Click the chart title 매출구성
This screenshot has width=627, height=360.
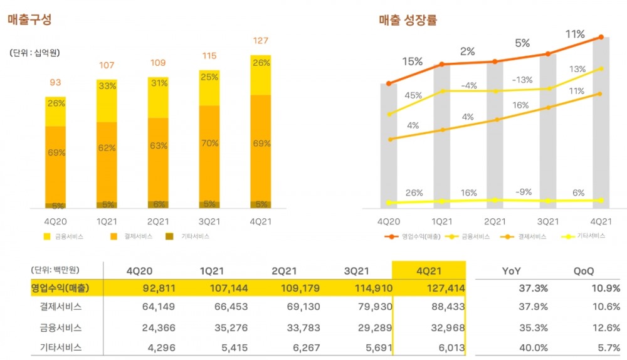[x=29, y=20]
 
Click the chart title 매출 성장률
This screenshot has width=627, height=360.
[x=408, y=20]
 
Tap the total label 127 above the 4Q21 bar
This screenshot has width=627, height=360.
[x=261, y=41]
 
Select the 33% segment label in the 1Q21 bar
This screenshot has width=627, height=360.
[x=107, y=87]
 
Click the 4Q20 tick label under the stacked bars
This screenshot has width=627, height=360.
[x=55, y=221]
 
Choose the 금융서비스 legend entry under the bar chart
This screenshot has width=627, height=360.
[x=63, y=236]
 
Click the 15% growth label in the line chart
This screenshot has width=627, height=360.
[x=412, y=61]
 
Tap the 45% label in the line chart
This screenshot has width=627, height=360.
[x=413, y=95]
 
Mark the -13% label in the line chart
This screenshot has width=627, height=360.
[x=522, y=80]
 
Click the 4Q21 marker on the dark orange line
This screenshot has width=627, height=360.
[x=601, y=37]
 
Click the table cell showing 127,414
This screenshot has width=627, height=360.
[x=439, y=289]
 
